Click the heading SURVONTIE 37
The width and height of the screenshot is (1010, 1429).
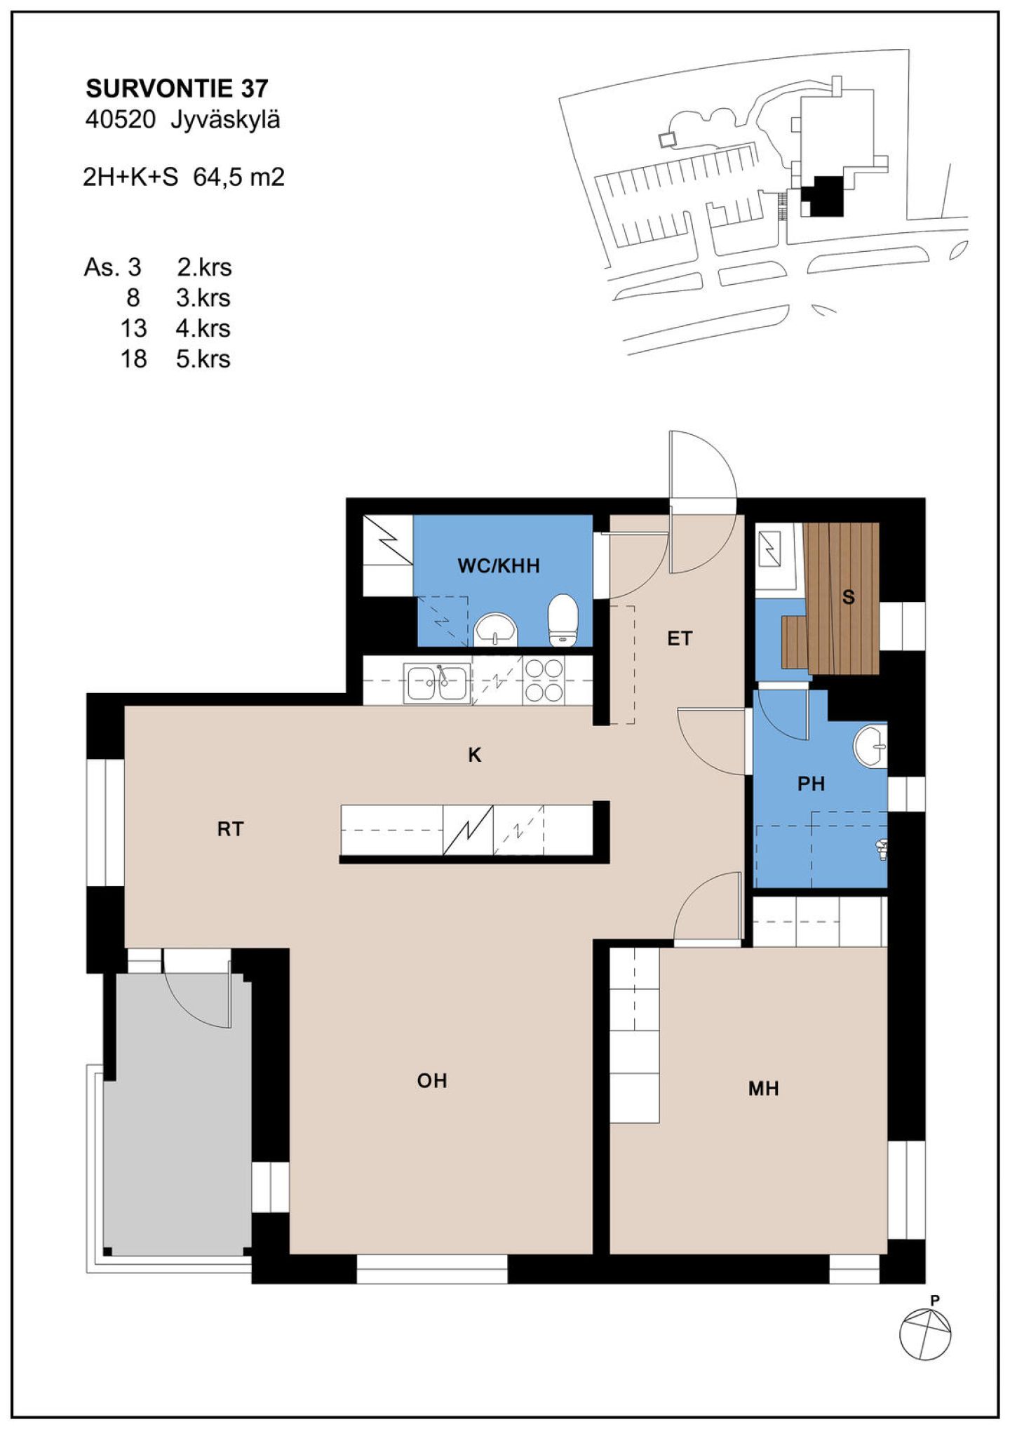point(177,88)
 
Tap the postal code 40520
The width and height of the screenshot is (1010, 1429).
point(120,120)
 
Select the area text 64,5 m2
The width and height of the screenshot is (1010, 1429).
point(238,177)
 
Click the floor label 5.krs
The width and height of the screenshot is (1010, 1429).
point(203,359)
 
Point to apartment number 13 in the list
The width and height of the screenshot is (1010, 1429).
point(133,328)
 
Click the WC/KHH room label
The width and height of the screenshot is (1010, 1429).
point(499,566)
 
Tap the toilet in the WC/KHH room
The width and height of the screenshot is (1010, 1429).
point(563,619)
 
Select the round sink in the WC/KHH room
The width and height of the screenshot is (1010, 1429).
point(495,629)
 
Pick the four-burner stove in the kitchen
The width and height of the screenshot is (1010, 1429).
point(544,680)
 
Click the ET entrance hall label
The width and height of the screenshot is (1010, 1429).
point(680,639)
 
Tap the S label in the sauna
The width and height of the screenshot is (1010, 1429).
point(848,598)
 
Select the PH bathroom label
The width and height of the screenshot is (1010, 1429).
point(811,784)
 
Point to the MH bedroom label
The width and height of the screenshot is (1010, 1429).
point(763,1089)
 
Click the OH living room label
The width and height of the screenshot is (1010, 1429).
point(432,1081)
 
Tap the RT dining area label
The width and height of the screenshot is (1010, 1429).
point(230,829)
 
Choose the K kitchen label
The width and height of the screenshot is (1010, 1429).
point(475,756)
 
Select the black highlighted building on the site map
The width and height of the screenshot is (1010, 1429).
point(824,196)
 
